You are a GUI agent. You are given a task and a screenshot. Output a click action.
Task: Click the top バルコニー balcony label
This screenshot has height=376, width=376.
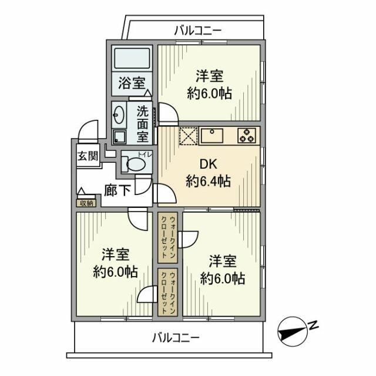click(x=197, y=30)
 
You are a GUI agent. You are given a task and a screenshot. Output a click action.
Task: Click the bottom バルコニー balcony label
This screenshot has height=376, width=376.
click(x=176, y=338)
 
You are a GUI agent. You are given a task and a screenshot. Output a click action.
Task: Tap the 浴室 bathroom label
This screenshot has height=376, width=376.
click(x=132, y=83)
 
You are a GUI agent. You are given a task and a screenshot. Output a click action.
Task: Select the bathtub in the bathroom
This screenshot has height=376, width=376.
click(x=132, y=59)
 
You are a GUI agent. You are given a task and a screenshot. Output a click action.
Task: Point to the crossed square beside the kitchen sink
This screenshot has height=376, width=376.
click(x=188, y=136)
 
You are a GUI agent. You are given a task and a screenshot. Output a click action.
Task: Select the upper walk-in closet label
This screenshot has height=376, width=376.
click(x=169, y=239)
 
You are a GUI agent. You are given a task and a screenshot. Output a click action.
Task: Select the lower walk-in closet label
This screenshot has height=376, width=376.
click(x=169, y=292)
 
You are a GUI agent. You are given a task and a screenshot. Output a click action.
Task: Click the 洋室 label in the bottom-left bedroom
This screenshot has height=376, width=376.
click(x=115, y=254)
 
